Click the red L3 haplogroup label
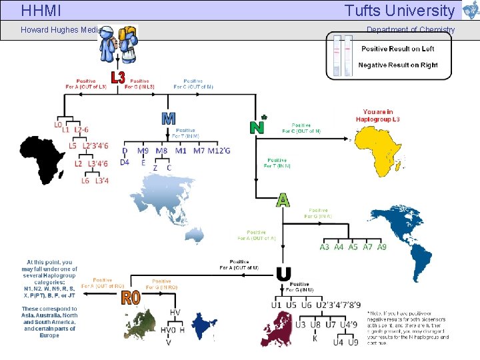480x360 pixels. pyautogui.click(x=117, y=78)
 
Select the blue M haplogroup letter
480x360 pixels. pyautogui.click(x=169, y=119)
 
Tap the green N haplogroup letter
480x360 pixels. pyautogui.click(x=257, y=126)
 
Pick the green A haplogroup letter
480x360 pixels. pyautogui.click(x=283, y=200)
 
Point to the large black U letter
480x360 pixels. pyautogui.click(x=283, y=274)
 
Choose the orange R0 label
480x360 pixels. pyautogui.click(x=131, y=297)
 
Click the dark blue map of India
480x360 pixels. pyautogui.click(x=204, y=326)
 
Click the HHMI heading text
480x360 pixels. pyautogui.click(x=41, y=11)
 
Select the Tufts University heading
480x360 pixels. pyautogui.click(x=399, y=11)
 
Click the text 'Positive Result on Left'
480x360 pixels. pyautogui.click(x=397, y=49)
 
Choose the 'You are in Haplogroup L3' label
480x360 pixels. pyautogui.click(x=387, y=115)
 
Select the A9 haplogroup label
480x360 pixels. pyautogui.click(x=381, y=247)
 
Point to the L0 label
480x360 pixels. pyautogui.click(x=58, y=125)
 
